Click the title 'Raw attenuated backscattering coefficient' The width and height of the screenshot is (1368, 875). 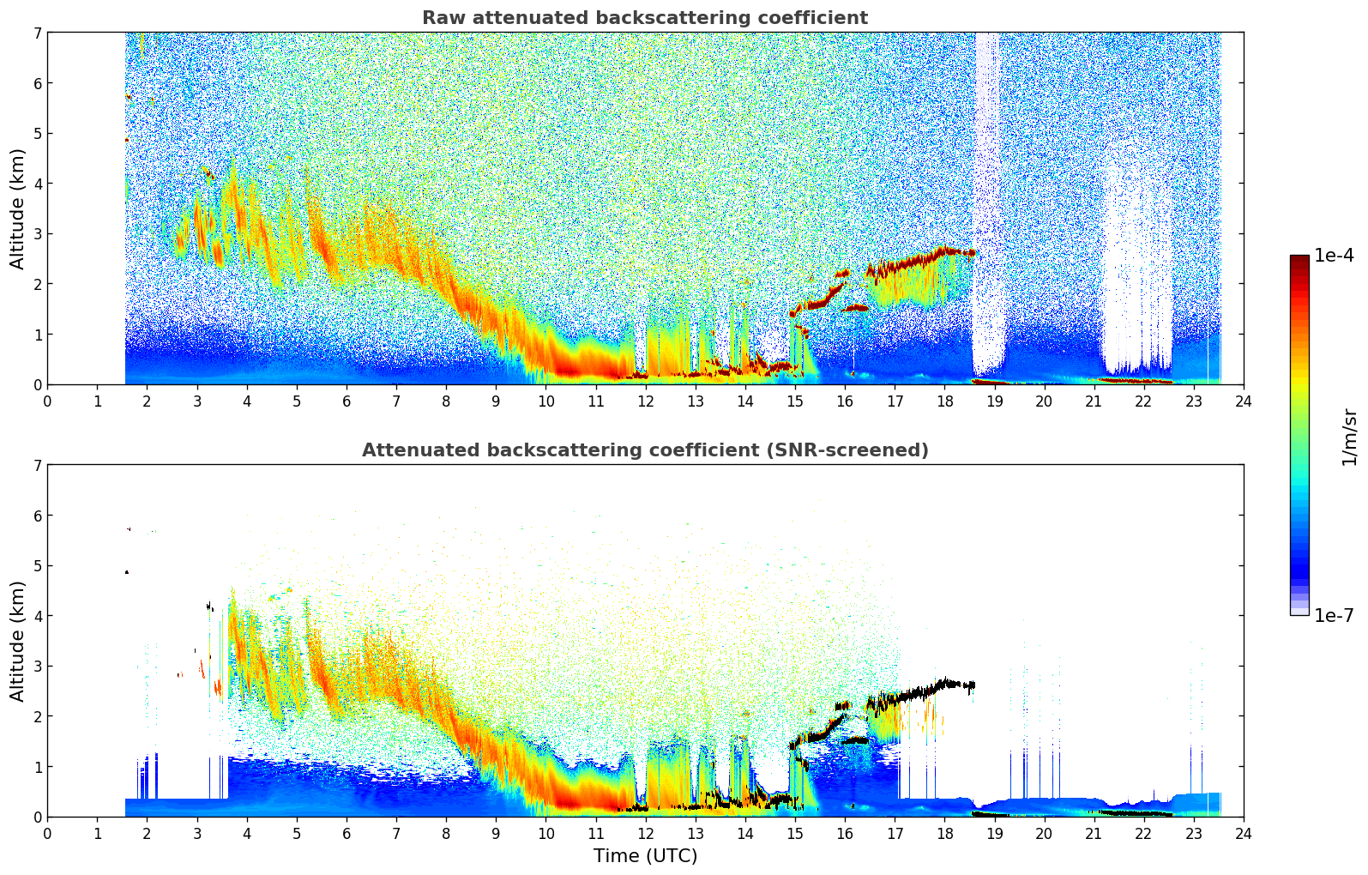pos(644,18)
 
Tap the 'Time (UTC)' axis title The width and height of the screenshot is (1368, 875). pos(645,856)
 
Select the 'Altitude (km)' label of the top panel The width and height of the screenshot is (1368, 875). pos(18,208)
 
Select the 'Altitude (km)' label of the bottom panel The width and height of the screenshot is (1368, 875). pos(18,641)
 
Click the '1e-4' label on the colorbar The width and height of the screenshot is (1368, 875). pos(1334,256)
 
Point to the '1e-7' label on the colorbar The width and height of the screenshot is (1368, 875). pos(1334,616)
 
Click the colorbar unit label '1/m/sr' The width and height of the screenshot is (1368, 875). pos(1349,436)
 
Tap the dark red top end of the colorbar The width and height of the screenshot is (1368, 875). pos(1299,259)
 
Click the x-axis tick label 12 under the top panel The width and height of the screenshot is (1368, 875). pos(645,401)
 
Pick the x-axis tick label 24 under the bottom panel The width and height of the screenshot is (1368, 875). pos(1244,834)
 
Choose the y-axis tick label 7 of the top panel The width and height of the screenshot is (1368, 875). pos(37,33)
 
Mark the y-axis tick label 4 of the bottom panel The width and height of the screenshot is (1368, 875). pos(37,616)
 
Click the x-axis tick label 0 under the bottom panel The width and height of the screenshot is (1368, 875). pos(47,834)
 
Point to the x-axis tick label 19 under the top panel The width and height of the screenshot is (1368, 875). pos(994,401)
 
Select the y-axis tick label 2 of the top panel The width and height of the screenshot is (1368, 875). pos(37,284)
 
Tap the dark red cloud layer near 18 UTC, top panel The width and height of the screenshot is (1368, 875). pos(943,251)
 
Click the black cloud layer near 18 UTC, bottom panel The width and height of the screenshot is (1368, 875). pos(943,685)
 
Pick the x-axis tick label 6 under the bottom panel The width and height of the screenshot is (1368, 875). pos(347,834)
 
